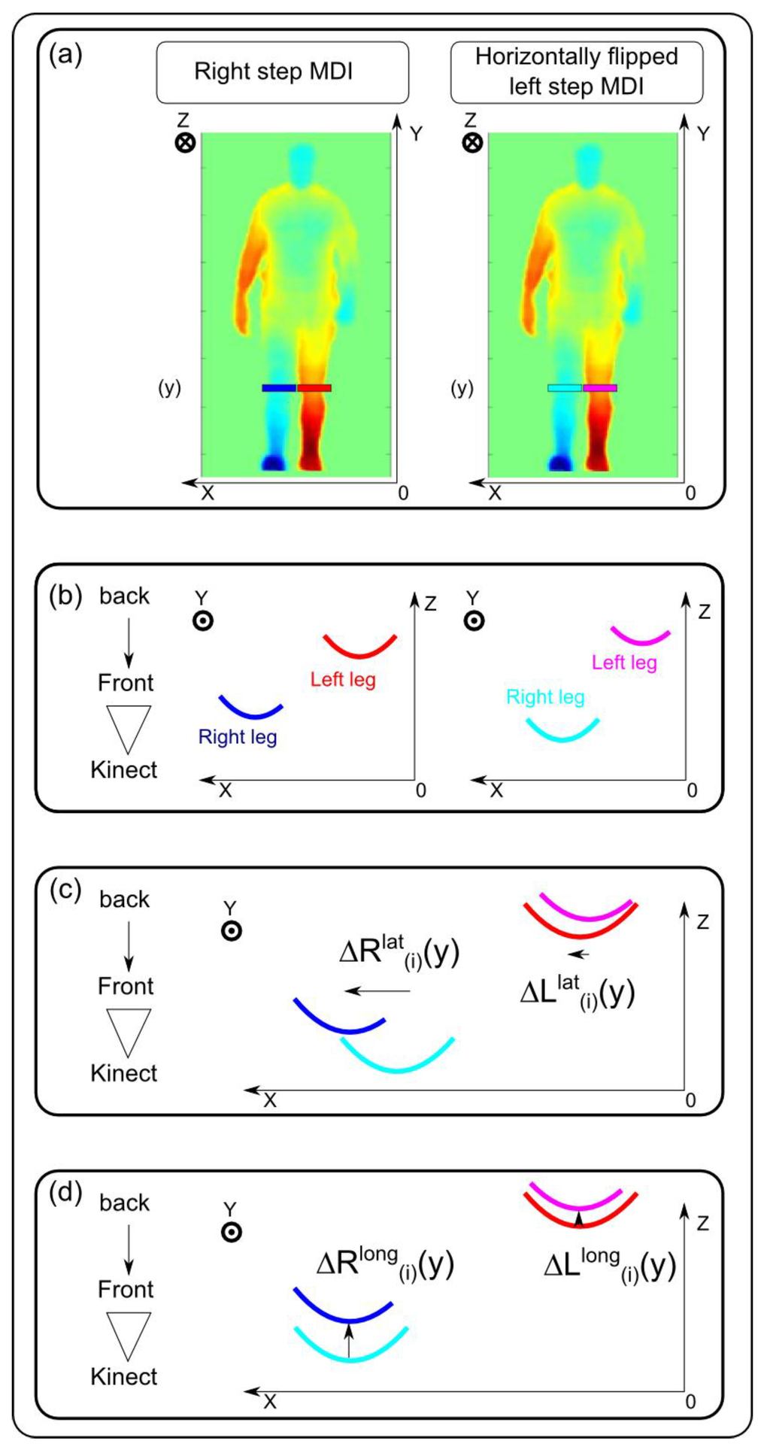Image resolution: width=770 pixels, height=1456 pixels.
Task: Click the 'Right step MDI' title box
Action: tap(282, 72)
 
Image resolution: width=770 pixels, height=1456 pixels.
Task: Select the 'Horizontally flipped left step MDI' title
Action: tap(576, 72)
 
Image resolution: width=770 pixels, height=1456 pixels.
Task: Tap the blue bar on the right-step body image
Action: tap(278, 388)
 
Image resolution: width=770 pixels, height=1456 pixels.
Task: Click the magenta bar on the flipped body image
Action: tap(600, 388)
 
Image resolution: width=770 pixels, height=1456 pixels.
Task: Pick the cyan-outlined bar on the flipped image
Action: tap(564, 388)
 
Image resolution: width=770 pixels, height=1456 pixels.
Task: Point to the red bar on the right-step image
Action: tap(314, 388)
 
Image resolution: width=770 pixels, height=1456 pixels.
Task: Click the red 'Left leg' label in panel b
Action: tap(343, 680)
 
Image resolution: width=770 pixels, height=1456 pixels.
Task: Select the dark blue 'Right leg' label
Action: tap(238, 737)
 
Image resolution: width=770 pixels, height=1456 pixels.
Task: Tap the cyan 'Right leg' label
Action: tap(545, 697)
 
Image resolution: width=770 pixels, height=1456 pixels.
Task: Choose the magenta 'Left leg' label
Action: tap(624, 663)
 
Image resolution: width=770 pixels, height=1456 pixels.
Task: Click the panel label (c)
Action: tap(65, 890)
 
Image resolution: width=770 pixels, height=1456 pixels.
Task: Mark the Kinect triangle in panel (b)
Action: tap(128, 728)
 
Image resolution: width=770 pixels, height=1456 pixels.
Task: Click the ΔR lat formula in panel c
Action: tap(399, 953)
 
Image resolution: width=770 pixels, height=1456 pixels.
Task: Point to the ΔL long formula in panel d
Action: tap(609, 1266)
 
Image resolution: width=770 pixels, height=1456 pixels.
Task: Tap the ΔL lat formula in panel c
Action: tap(577, 993)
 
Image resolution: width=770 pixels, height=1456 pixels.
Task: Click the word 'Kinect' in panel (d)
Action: tap(124, 1376)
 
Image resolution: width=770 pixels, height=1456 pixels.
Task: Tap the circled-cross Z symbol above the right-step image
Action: tap(185, 143)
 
